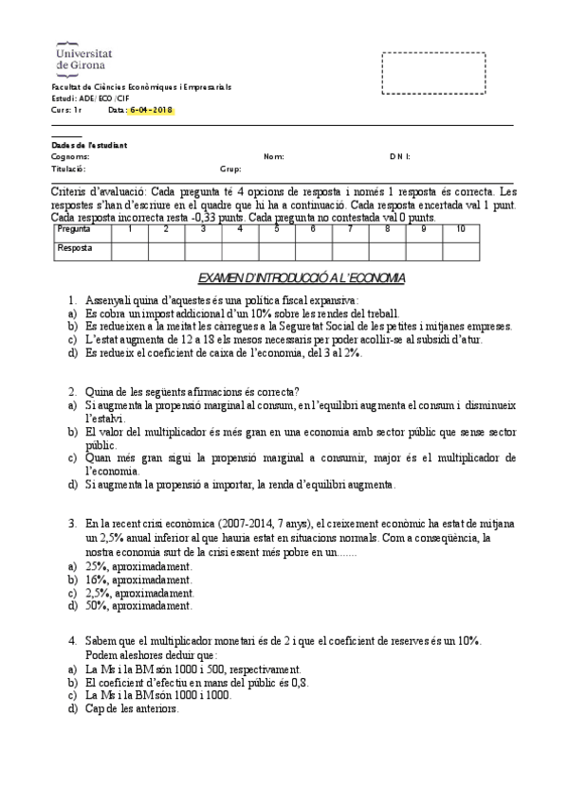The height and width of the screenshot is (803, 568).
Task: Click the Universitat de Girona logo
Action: point(81,56)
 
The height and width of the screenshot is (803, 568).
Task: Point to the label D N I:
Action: point(399,156)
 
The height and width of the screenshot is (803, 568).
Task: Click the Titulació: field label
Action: point(68,169)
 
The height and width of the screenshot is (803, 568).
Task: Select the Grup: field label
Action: point(230,169)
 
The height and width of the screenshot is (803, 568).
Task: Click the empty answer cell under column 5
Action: point(276,249)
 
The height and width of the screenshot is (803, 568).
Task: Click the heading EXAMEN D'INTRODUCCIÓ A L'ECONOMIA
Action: point(301,277)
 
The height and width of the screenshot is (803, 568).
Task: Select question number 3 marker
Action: point(72,522)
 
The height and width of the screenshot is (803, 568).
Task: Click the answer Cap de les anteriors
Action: point(131,707)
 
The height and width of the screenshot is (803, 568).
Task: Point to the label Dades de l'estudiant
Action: point(88,144)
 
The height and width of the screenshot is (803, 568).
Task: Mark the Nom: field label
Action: point(273,156)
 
